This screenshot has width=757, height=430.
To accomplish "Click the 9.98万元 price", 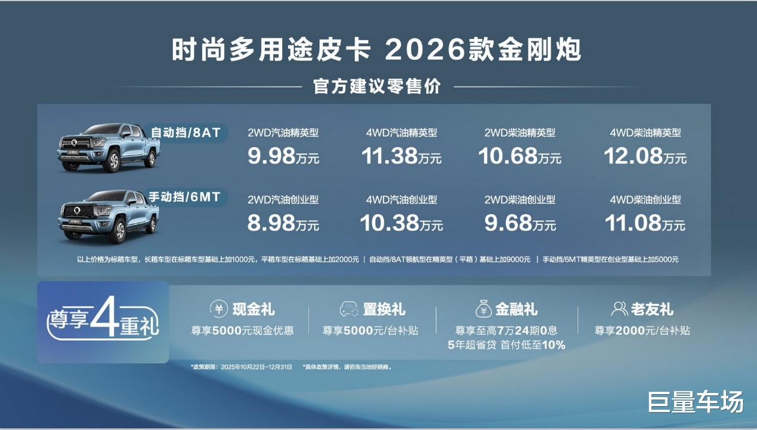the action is click(283, 156).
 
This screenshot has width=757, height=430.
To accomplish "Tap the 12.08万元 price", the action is click(645, 156).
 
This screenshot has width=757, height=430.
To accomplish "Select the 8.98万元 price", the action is click(283, 223).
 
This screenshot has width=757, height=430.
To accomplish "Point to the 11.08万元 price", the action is click(645, 223).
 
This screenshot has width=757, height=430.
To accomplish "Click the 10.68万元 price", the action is click(520, 156).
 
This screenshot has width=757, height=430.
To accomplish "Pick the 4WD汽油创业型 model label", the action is click(401, 199).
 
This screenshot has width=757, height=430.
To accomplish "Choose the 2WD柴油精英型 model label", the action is click(520, 133).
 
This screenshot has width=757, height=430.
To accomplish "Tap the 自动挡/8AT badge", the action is click(186, 133).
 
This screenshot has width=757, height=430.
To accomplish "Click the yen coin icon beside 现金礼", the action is click(219, 309).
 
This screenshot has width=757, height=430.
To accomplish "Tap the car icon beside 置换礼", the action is click(348, 309).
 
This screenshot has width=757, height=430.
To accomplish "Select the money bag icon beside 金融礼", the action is click(484, 309).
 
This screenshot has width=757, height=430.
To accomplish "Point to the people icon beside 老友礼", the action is click(619, 309).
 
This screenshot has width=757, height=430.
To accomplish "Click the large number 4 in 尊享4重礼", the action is click(104, 317).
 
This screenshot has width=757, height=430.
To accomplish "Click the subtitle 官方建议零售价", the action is click(377, 87).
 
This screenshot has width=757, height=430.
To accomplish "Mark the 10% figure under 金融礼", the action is click(554, 345).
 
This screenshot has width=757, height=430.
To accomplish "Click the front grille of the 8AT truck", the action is click(75, 143).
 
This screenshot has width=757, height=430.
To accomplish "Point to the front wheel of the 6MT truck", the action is click(120, 230).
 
